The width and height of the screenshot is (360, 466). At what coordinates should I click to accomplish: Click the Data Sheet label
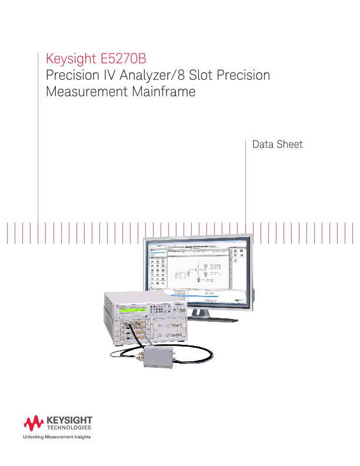(x=277, y=144)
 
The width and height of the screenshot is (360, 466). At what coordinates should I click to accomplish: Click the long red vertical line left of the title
(x=38, y=141)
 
